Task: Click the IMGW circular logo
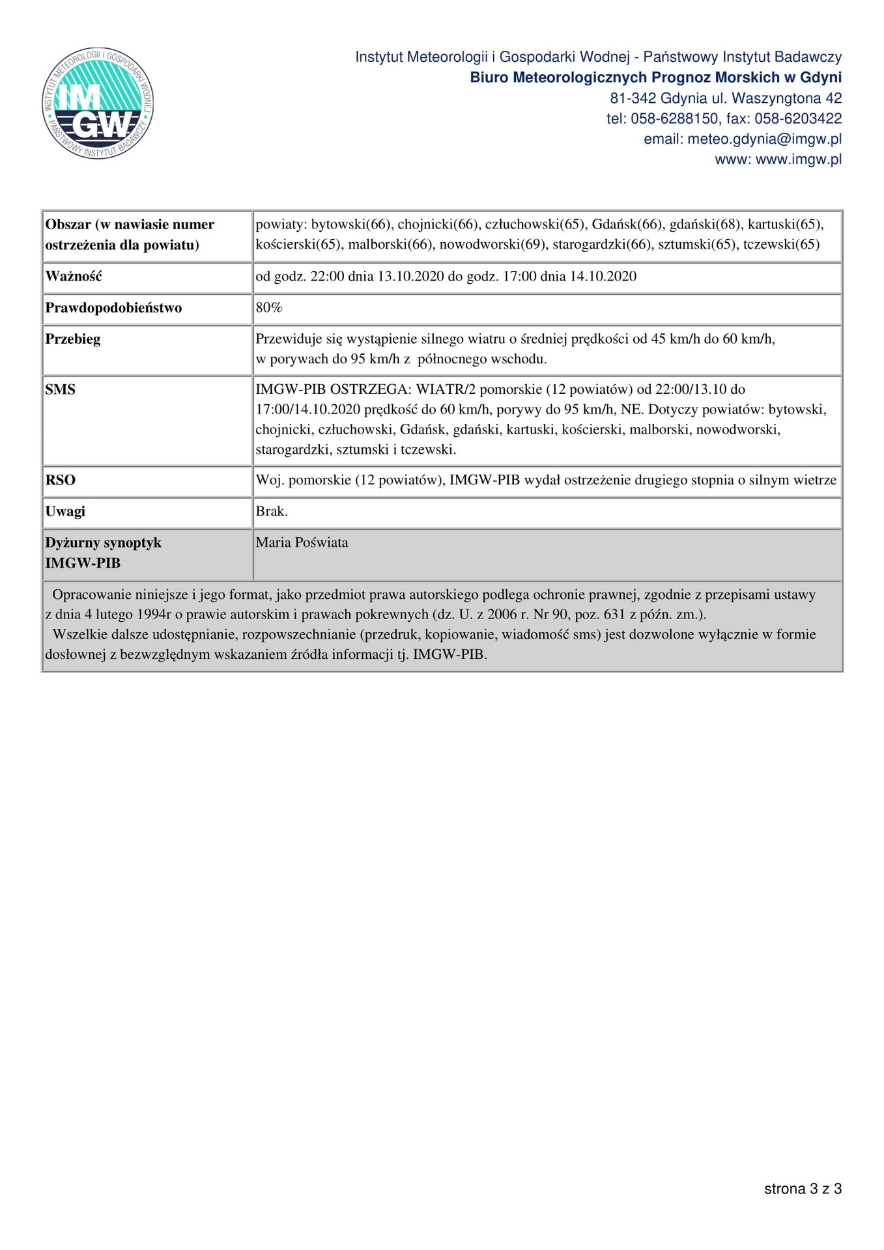coord(98,103)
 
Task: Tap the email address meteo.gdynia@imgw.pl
coord(764,139)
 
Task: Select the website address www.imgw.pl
coord(798,160)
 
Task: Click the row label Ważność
coord(74,276)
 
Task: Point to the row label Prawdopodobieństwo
coord(113,307)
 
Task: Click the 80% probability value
coord(268,307)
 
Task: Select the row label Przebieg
coord(73,339)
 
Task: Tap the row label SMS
coord(60,389)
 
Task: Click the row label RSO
coord(60,480)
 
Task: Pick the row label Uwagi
coord(65,511)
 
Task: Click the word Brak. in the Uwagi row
coord(272,511)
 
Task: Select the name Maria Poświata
coord(302,542)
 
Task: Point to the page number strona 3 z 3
coord(803,1189)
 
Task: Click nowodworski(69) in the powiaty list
coord(493,245)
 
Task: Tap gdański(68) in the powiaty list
coord(705,225)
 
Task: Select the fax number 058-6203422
coord(798,119)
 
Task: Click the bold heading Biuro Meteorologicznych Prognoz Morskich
coord(625,78)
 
